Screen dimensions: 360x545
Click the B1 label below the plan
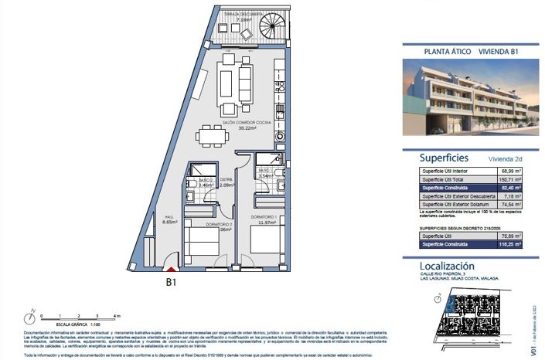coord(172,283)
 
